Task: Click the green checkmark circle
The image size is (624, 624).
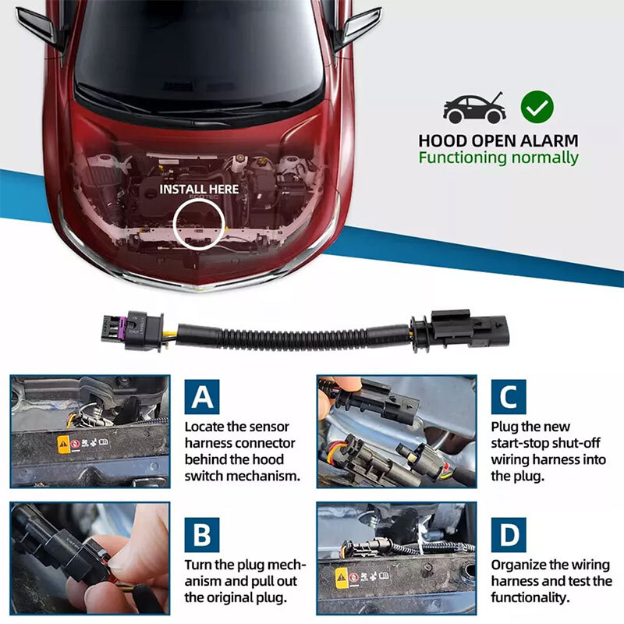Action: [x=537, y=107]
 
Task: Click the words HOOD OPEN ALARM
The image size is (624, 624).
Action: [x=498, y=140]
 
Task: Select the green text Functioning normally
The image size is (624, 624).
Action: [x=498, y=158]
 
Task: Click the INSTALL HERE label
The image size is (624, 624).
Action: [x=200, y=189]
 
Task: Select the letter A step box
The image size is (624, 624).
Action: [x=202, y=396]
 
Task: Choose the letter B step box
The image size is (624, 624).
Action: [x=202, y=534]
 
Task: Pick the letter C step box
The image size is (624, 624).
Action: [x=509, y=396]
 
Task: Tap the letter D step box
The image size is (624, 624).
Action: [x=509, y=534]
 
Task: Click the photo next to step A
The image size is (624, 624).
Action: [x=90, y=431]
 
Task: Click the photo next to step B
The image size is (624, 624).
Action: [x=90, y=557]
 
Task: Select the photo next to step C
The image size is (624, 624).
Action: [x=396, y=431]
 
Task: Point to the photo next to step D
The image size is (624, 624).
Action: [x=396, y=557]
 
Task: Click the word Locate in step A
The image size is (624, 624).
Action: [x=205, y=427]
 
